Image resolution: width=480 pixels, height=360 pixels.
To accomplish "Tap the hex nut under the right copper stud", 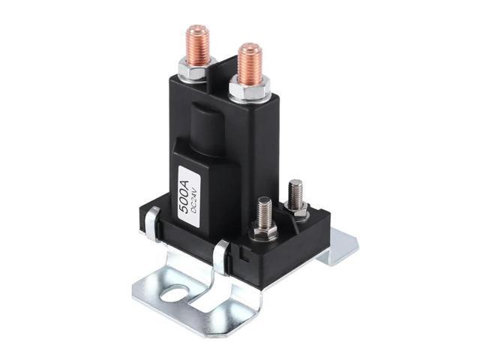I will (248, 91).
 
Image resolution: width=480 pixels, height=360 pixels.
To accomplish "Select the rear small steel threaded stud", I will (295, 193).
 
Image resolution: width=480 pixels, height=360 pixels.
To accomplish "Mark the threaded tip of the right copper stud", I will (248, 50).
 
